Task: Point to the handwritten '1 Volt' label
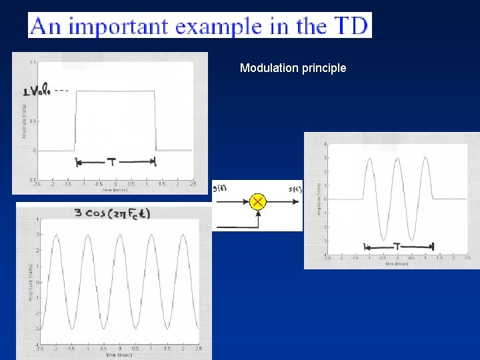pyautogui.click(x=41, y=91)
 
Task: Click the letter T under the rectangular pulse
pyautogui.click(x=111, y=161)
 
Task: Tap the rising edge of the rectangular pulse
pyautogui.click(x=75, y=120)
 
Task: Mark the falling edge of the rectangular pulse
pyautogui.click(x=156, y=120)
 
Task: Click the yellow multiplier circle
pyautogui.click(x=257, y=201)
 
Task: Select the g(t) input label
pyautogui.click(x=219, y=188)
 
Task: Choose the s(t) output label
pyautogui.click(x=295, y=189)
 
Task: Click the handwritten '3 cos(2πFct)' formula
pyautogui.click(x=112, y=214)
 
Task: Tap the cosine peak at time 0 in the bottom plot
pyautogui.click(x=119, y=235)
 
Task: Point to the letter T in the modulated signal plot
pyautogui.click(x=397, y=246)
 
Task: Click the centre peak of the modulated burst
pyautogui.click(x=398, y=159)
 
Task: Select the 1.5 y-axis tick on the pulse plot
pyautogui.click(x=33, y=63)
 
